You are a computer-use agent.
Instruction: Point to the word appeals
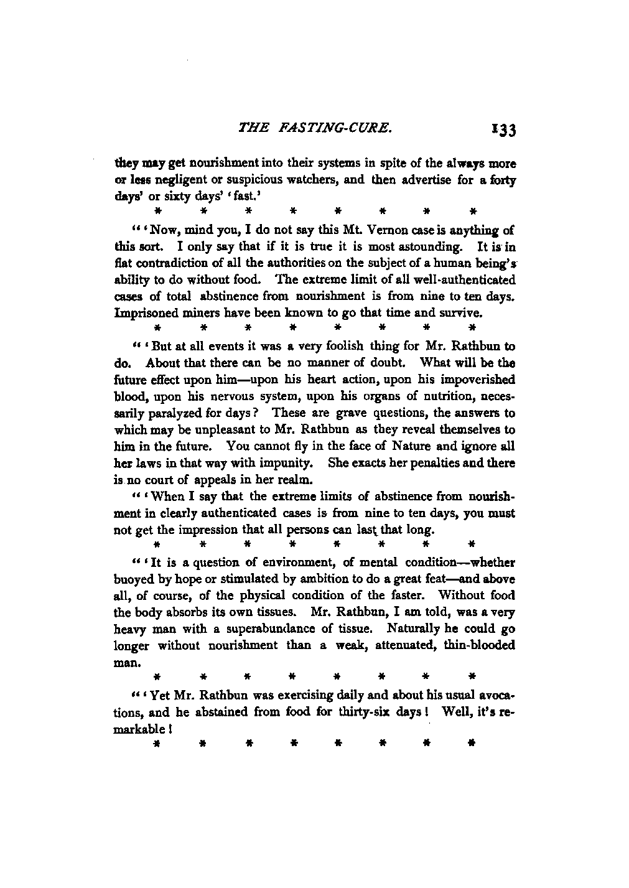click(x=237, y=480)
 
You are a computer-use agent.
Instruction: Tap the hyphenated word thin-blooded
click(x=478, y=645)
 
